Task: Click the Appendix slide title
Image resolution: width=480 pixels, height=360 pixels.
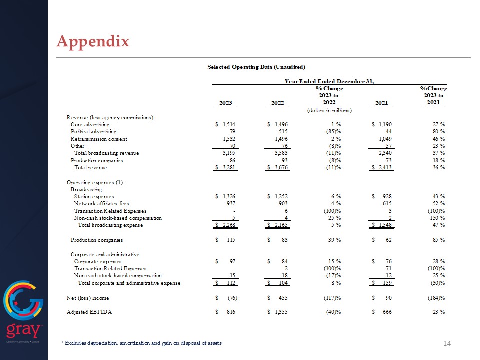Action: [x=93, y=41]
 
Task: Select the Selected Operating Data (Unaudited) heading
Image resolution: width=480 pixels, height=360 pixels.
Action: [x=256, y=66]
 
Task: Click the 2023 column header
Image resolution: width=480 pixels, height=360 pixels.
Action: [x=226, y=103]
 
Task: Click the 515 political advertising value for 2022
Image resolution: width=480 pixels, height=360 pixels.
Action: [x=283, y=131]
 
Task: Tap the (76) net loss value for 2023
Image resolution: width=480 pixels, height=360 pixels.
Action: [x=230, y=298]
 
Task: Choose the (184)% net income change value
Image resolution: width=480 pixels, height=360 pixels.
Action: [x=433, y=298]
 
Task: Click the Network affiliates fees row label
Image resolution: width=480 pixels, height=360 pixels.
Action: [x=101, y=204]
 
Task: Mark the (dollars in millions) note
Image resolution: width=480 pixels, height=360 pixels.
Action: [x=329, y=110]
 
